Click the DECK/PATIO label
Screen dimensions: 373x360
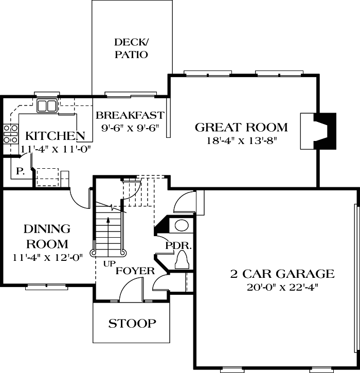click(x=131, y=48)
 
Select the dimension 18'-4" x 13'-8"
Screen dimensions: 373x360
click(x=241, y=140)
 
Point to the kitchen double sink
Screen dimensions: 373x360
click(x=47, y=106)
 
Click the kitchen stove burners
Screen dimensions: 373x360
click(x=9, y=133)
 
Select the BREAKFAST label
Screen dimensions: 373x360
click(x=130, y=115)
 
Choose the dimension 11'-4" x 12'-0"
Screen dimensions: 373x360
click(x=47, y=258)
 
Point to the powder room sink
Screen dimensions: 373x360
click(x=182, y=225)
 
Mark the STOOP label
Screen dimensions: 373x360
click(x=132, y=324)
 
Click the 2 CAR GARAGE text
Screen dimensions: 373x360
click(x=282, y=274)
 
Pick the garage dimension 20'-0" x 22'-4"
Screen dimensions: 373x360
click(x=282, y=287)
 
